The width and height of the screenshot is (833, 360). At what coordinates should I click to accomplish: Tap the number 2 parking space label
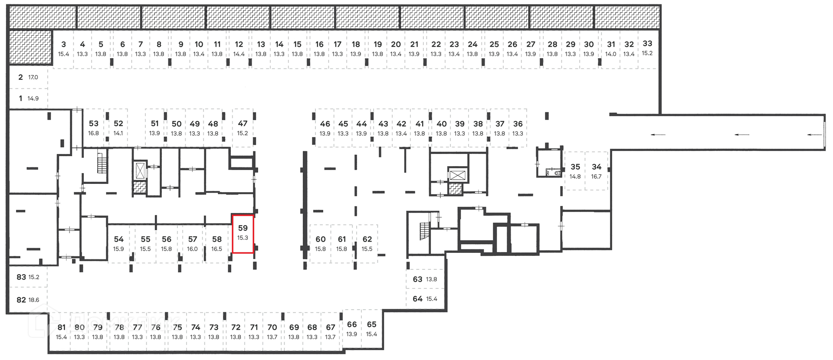click(x=21, y=77)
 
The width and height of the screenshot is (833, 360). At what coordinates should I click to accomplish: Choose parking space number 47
click(x=243, y=128)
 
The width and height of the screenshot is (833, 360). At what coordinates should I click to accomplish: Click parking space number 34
click(x=596, y=171)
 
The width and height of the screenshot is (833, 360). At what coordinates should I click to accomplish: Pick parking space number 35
click(x=575, y=171)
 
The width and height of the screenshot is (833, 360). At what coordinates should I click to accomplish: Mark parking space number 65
click(x=371, y=328)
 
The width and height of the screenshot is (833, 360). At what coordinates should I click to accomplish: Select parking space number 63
click(x=424, y=279)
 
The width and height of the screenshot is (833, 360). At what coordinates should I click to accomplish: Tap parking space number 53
click(x=94, y=128)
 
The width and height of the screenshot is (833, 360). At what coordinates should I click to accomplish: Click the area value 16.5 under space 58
click(x=216, y=249)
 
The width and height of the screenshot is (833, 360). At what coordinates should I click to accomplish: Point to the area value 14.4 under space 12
click(x=239, y=54)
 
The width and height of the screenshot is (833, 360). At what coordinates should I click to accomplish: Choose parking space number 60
click(x=320, y=243)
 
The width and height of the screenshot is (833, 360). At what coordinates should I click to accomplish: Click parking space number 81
click(x=61, y=331)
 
